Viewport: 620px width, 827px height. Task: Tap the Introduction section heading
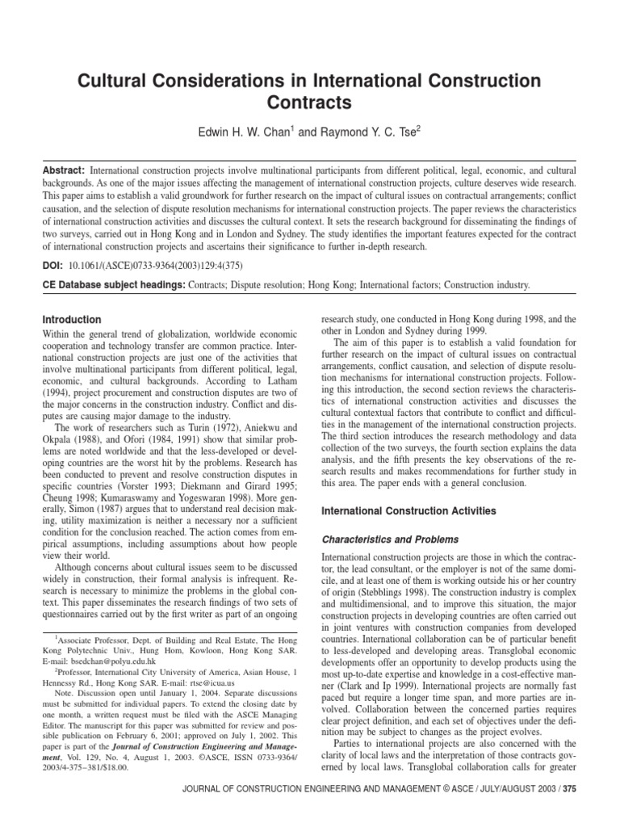[x=72, y=320]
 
